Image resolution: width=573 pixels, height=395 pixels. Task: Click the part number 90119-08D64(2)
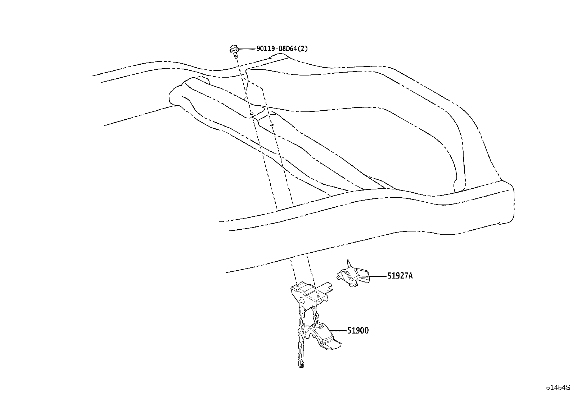[282, 49]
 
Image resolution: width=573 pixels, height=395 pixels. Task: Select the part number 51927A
[400, 276]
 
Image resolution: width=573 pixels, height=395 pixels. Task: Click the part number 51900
[358, 331]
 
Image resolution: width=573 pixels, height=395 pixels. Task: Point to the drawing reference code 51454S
[558, 387]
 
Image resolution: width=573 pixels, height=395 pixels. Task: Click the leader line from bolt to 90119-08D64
[247, 49]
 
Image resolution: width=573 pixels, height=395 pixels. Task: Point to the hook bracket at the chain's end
[322, 337]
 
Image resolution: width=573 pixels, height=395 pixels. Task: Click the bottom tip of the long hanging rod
[301, 367]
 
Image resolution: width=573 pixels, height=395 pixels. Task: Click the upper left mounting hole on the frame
[252, 113]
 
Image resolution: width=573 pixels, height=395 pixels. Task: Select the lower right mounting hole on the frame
[272, 125]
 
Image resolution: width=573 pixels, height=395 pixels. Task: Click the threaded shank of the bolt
[235, 56]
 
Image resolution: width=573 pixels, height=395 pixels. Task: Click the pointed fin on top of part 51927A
[348, 265]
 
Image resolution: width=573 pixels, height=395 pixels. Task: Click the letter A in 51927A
[410, 276]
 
